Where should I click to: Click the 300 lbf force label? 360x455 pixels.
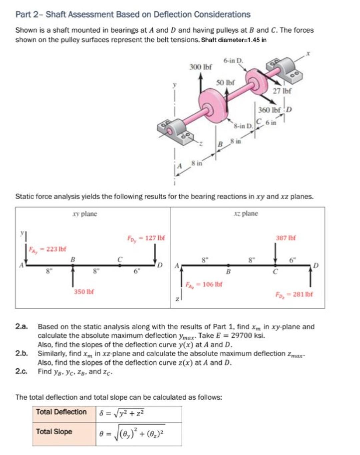(x=200, y=67)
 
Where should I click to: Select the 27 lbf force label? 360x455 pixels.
(x=282, y=91)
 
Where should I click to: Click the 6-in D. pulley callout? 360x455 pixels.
(x=233, y=61)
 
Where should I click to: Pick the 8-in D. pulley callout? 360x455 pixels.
(x=243, y=126)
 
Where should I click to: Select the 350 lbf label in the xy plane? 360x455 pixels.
(x=84, y=291)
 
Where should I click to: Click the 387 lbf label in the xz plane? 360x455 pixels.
(x=286, y=238)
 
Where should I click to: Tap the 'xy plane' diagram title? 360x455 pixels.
(x=85, y=214)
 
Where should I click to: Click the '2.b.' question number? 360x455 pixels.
(x=21, y=353)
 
